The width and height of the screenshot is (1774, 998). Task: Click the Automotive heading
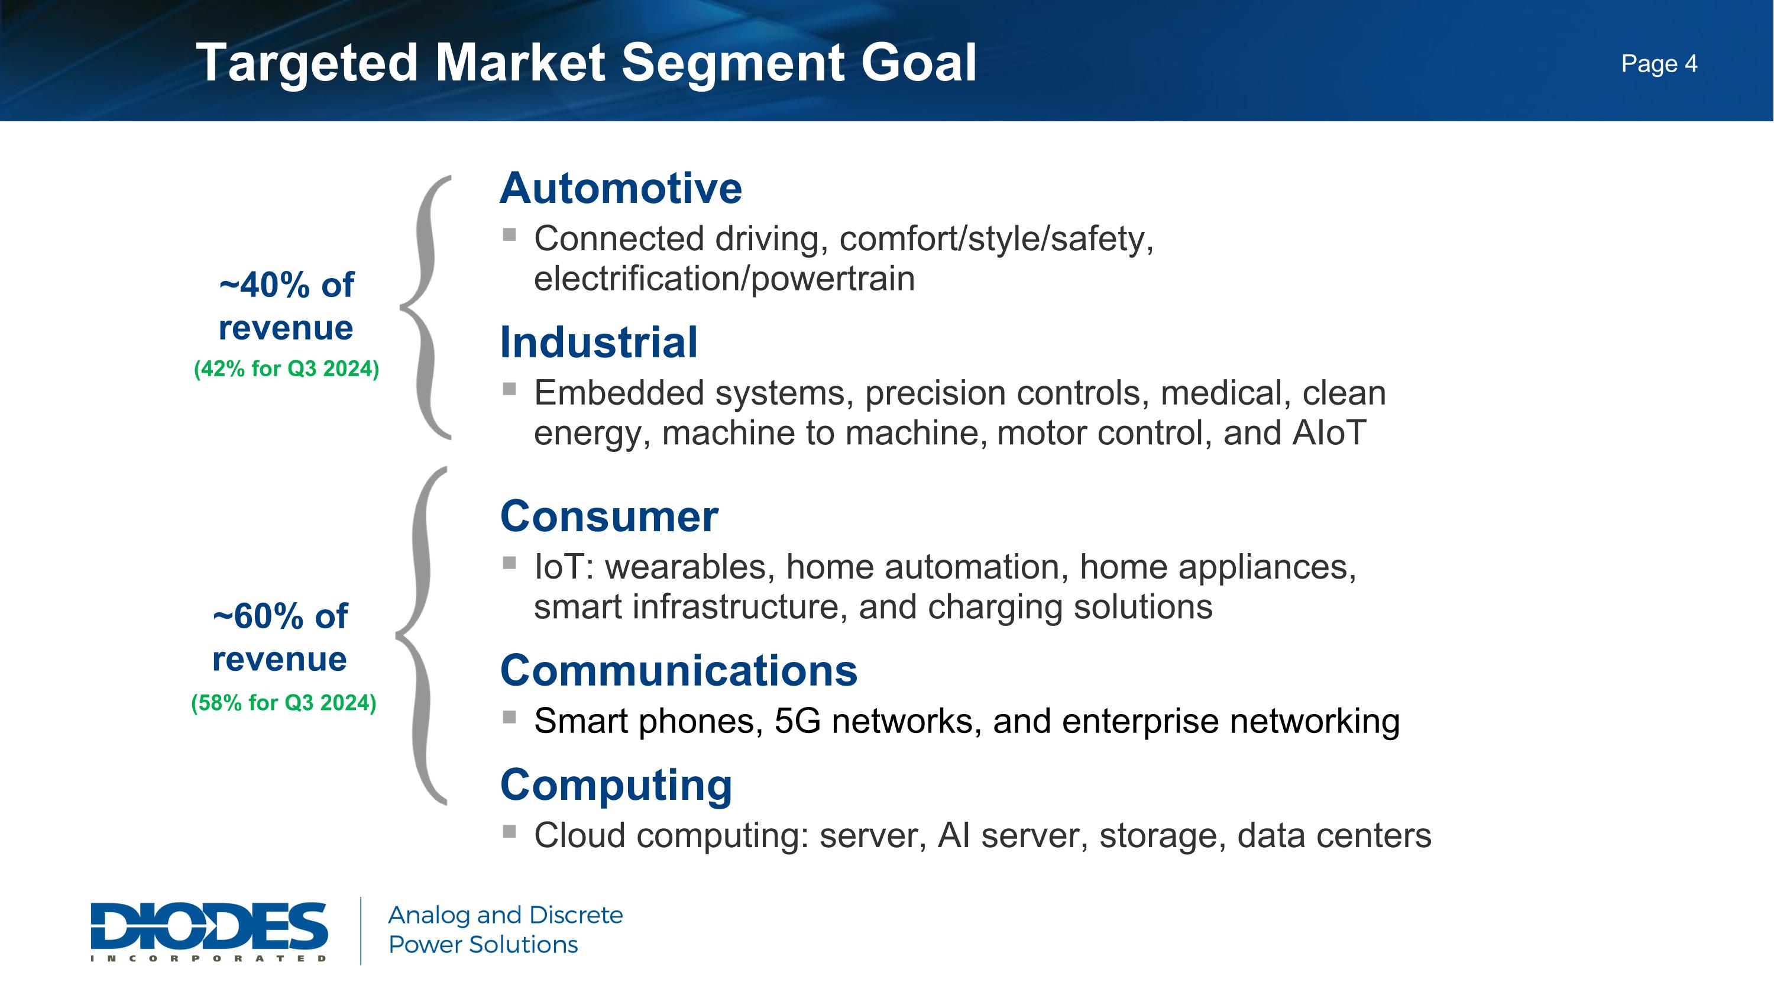coord(620,188)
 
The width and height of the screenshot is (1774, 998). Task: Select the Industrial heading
coord(598,343)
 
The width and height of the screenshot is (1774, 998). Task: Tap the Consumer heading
coord(609,516)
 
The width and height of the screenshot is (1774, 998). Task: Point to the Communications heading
coord(678,671)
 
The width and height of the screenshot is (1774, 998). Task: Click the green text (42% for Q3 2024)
coord(286,369)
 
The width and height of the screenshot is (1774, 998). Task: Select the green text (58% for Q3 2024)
coord(284,703)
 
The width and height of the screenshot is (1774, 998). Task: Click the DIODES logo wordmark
coord(209,926)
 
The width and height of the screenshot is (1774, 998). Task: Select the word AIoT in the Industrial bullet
coord(1329,433)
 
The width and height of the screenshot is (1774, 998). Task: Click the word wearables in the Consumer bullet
coord(685,567)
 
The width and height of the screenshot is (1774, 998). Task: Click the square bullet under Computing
coord(510,831)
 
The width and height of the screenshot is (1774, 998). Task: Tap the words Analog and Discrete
coord(506,915)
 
